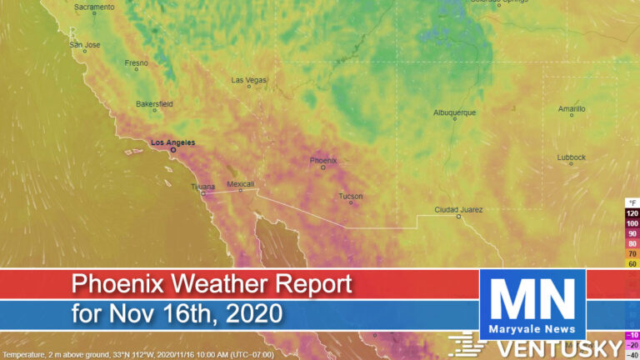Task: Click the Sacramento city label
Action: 94,7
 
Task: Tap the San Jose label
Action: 84,44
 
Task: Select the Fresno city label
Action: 137,62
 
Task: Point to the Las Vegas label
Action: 248,80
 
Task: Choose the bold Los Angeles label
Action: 172,142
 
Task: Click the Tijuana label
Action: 202,187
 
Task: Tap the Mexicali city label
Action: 241,183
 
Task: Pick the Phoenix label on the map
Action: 322,160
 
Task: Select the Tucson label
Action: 350,196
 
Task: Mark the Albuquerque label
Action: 454,112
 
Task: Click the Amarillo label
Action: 572,108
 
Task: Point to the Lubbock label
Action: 572,157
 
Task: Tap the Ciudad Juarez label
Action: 457,209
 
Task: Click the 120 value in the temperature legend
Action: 632,213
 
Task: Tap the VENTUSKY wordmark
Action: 567,346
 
